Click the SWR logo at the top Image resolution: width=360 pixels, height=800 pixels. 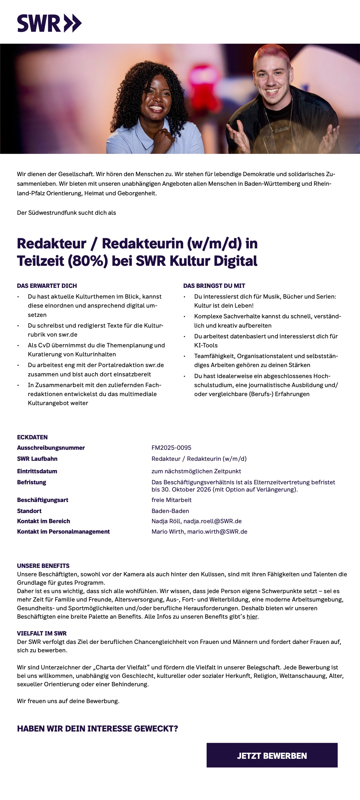coord(49,23)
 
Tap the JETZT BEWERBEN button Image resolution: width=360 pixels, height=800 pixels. coord(272,755)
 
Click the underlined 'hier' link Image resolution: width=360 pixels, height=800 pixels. coord(252,616)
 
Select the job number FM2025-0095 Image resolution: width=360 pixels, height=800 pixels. coord(171,447)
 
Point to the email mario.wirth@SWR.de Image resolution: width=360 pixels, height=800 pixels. coord(217,531)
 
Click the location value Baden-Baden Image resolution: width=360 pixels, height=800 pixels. coord(170,511)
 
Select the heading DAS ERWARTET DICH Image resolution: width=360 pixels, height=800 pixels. coord(47,286)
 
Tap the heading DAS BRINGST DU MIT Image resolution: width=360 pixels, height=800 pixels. coord(214,286)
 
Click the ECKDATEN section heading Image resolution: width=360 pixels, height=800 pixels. coord(32,437)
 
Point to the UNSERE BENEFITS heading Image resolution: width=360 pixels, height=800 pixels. coord(43,566)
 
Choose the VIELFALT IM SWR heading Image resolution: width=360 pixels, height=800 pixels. coord(42,633)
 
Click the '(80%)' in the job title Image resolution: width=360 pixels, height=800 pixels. coord(88,261)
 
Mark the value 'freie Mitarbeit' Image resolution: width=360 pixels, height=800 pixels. coord(172,500)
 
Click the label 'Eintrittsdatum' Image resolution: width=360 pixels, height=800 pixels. coord(37,471)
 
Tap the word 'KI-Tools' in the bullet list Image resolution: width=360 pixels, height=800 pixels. coord(206,345)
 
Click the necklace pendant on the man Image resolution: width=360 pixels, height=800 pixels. coord(281,129)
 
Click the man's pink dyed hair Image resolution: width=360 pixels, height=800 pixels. coord(271,53)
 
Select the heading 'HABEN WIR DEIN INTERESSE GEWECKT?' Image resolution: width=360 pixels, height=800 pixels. coord(98,729)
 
